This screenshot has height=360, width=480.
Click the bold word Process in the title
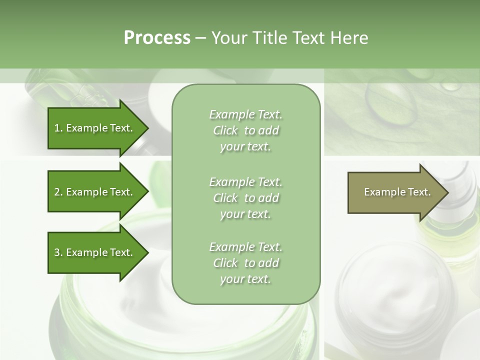coord(157,38)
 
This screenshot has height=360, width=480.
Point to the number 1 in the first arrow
coord(57,128)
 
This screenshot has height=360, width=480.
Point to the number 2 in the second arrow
coord(57,192)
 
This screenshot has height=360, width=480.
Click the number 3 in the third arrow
coord(57,252)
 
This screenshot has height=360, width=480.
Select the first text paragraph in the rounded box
coord(245,130)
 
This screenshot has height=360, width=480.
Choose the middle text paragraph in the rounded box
coord(245,198)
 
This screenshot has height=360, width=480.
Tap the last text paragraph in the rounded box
coord(245,263)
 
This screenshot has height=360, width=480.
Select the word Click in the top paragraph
coord(225,130)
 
